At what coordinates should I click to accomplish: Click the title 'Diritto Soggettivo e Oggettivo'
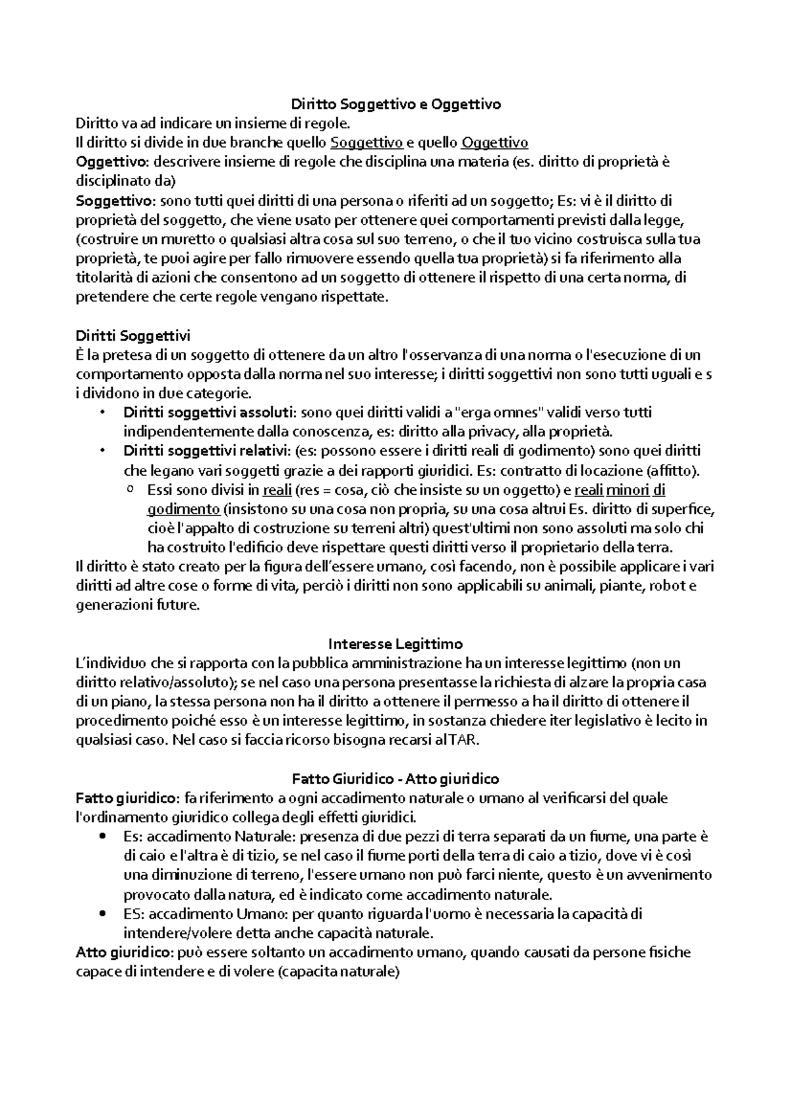point(396,103)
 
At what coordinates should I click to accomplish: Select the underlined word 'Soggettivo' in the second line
point(366,142)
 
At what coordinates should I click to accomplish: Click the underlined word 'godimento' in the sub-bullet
point(183,509)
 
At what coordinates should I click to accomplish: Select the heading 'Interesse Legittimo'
point(395,643)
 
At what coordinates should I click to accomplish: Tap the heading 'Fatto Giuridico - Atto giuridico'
point(395,779)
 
